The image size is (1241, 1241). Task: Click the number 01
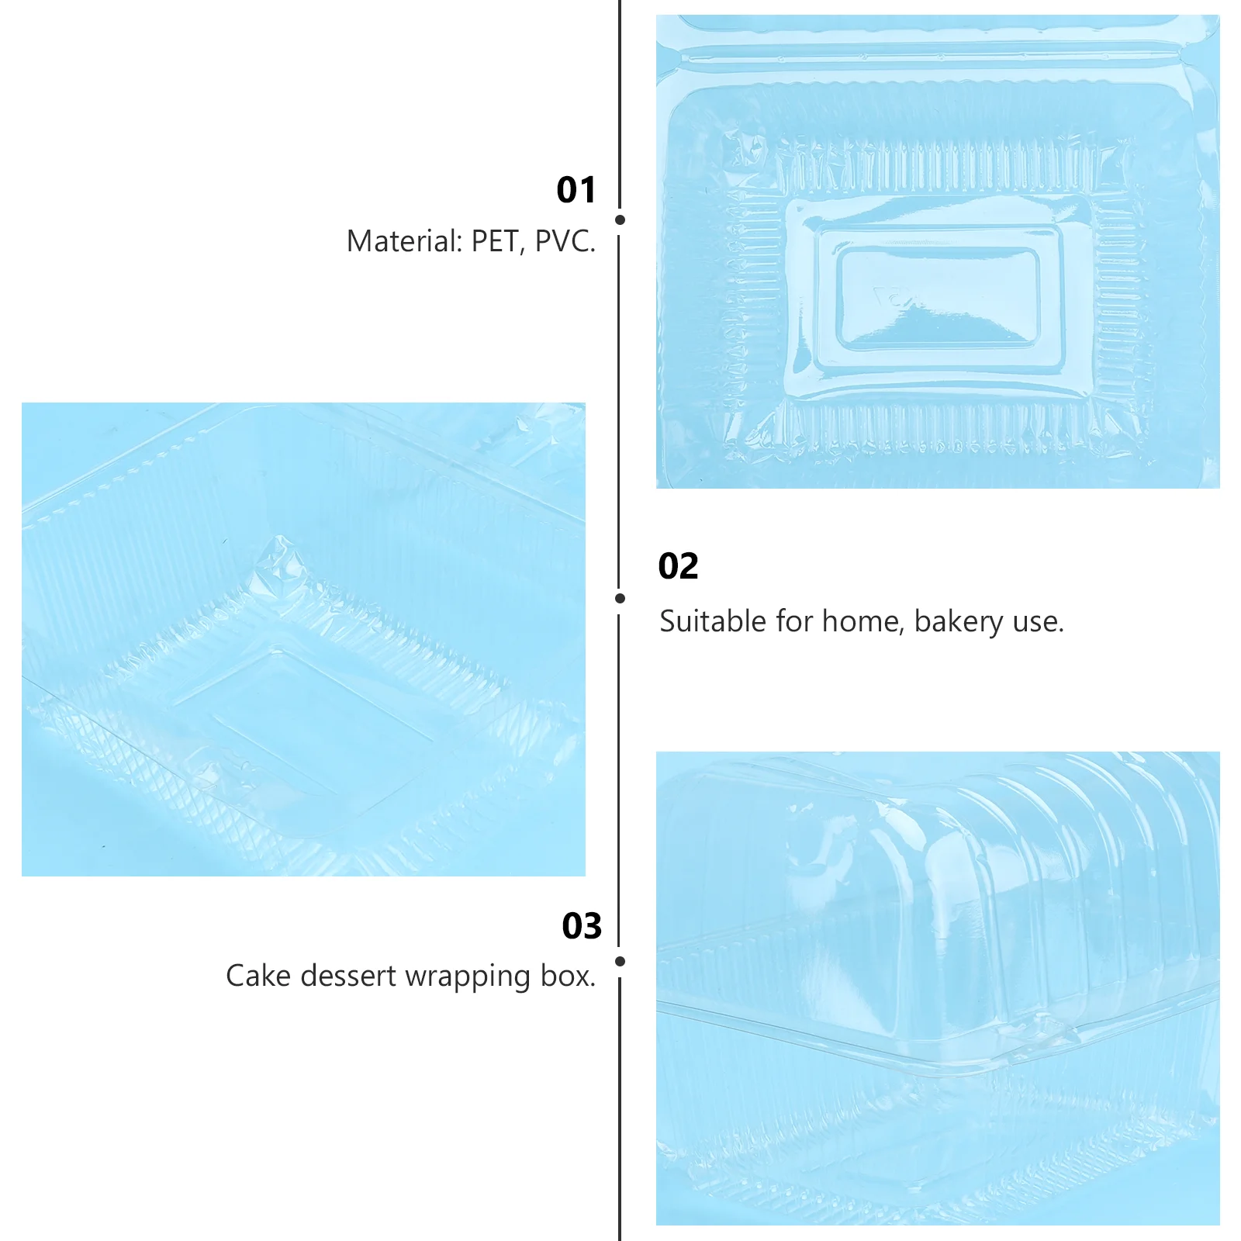pyautogui.click(x=576, y=190)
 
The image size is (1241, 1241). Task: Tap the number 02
pyautogui.click(x=678, y=566)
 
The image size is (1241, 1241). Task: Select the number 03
pyautogui.click(x=582, y=926)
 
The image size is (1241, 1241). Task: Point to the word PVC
pyautogui.click(x=565, y=241)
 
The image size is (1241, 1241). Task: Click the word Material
pyautogui.click(x=404, y=241)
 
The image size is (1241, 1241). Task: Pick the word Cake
pyautogui.click(x=258, y=976)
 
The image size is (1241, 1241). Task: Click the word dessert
pyautogui.click(x=348, y=976)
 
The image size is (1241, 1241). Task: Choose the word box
pyautogui.click(x=568, y=976)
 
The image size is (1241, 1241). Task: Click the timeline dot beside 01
pyautogui.click(x=620, y=220)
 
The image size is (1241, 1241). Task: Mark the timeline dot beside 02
pyautogui.click(x=620, y=598)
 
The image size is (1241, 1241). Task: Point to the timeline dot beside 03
pyautogui.click(x=620, y=961)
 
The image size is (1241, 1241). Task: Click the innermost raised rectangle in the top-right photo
pyautogui.click(x=938, y=297)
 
